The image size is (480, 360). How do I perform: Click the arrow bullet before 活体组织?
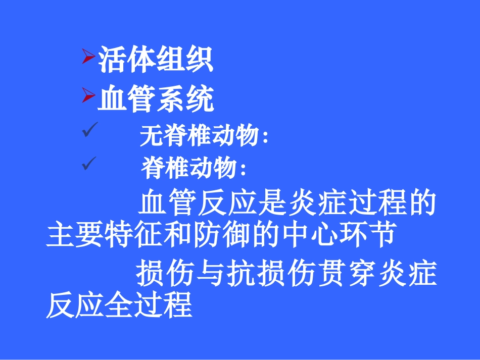point(88,58)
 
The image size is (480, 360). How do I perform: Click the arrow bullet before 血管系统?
point(88,95)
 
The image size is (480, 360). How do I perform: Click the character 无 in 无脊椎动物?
point(150,136)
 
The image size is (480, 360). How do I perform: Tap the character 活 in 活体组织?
point(112,60)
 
